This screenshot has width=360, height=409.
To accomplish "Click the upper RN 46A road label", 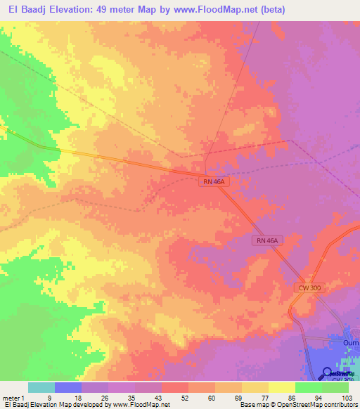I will coord(213,181).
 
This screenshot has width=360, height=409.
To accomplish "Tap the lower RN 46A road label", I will coord(266,240).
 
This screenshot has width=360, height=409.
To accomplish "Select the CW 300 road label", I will coord(307,289).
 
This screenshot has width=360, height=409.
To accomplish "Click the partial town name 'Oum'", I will coord(351,342).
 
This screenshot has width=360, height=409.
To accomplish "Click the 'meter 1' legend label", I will coord(13,398).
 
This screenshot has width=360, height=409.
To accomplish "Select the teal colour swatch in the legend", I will coord(41,387).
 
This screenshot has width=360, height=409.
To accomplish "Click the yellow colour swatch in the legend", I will coord(281,387).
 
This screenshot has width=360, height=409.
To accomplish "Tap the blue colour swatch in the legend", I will coord(68,387).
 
